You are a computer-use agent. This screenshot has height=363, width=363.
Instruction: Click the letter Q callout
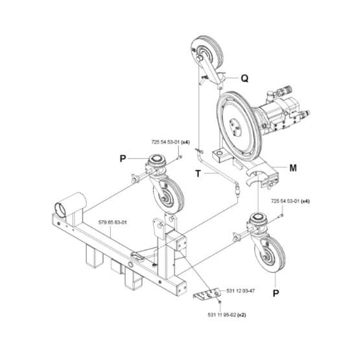point(244,79)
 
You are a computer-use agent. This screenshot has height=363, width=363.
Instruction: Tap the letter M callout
point(292,167)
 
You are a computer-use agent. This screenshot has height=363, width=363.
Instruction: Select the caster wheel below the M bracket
point(266,250)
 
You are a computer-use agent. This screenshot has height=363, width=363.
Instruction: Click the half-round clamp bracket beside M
point(264,175)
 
